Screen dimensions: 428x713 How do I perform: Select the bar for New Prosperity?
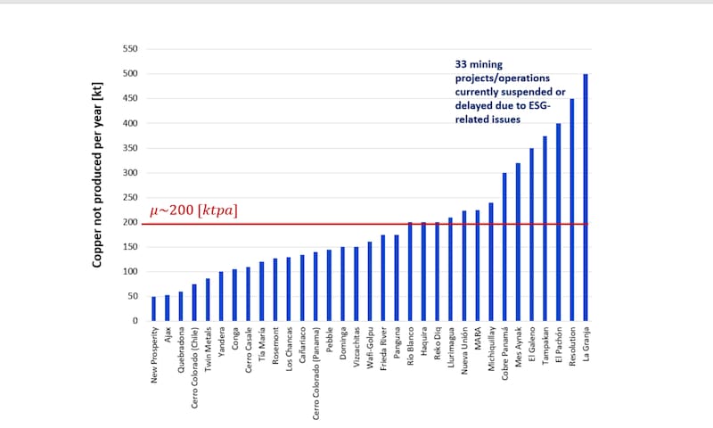153,309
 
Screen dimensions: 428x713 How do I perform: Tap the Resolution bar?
572,210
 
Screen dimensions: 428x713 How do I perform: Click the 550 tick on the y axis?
130,50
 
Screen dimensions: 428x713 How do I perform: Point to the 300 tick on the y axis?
130,173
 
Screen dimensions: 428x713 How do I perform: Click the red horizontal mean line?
356,224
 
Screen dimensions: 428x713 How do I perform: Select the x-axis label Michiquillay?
491,353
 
